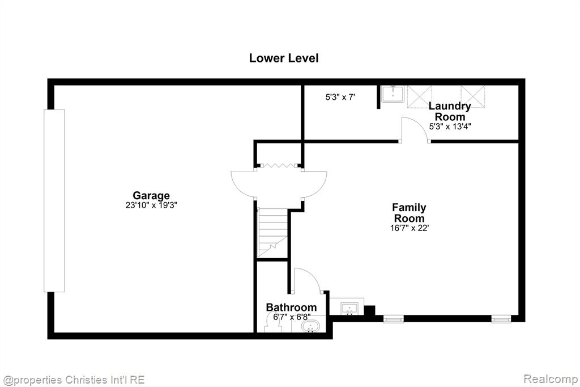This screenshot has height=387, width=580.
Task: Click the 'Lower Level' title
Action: coord(284,58)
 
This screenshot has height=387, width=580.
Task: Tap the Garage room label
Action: coord(151,195)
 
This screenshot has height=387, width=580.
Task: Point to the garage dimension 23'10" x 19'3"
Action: coord(151,205)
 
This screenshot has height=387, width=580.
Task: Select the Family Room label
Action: coord(409,213)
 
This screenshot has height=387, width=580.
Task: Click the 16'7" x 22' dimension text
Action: coord(409,228)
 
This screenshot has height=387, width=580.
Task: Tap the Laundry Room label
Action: coord(449,111)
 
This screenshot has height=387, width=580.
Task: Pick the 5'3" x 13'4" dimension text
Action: coord(450,127)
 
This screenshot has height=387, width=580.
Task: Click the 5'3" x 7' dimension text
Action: coord(340,97)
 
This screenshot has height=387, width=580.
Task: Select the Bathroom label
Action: coord(292,308)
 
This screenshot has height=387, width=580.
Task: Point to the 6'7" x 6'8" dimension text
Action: coord(292,317)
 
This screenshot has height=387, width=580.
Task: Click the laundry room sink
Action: coord(393,94)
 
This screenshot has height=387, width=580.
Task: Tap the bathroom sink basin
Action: coord(310,327)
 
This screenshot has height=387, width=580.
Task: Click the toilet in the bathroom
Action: coord(274,323)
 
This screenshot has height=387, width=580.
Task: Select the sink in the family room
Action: coord(349,309)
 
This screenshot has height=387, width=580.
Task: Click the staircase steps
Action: coord(272,233)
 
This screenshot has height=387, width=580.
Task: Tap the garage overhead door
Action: coord(54,200)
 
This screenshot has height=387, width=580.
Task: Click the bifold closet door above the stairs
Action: coord(279,166)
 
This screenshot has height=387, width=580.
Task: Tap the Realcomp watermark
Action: coord(551,379)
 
